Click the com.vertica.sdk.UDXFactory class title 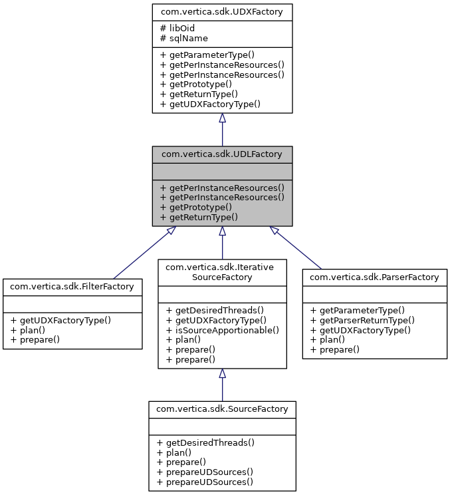coord(222,12)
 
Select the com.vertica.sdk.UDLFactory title coord(222,154)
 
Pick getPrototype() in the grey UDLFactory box coord(196,207)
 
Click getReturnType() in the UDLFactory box coord(199,217)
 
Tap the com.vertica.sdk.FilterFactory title coord(72,287)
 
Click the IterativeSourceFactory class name coord(222,271)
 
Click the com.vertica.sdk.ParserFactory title coord(375,277)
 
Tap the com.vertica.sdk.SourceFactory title coord(222,409)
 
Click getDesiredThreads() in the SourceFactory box coord(206,442)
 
